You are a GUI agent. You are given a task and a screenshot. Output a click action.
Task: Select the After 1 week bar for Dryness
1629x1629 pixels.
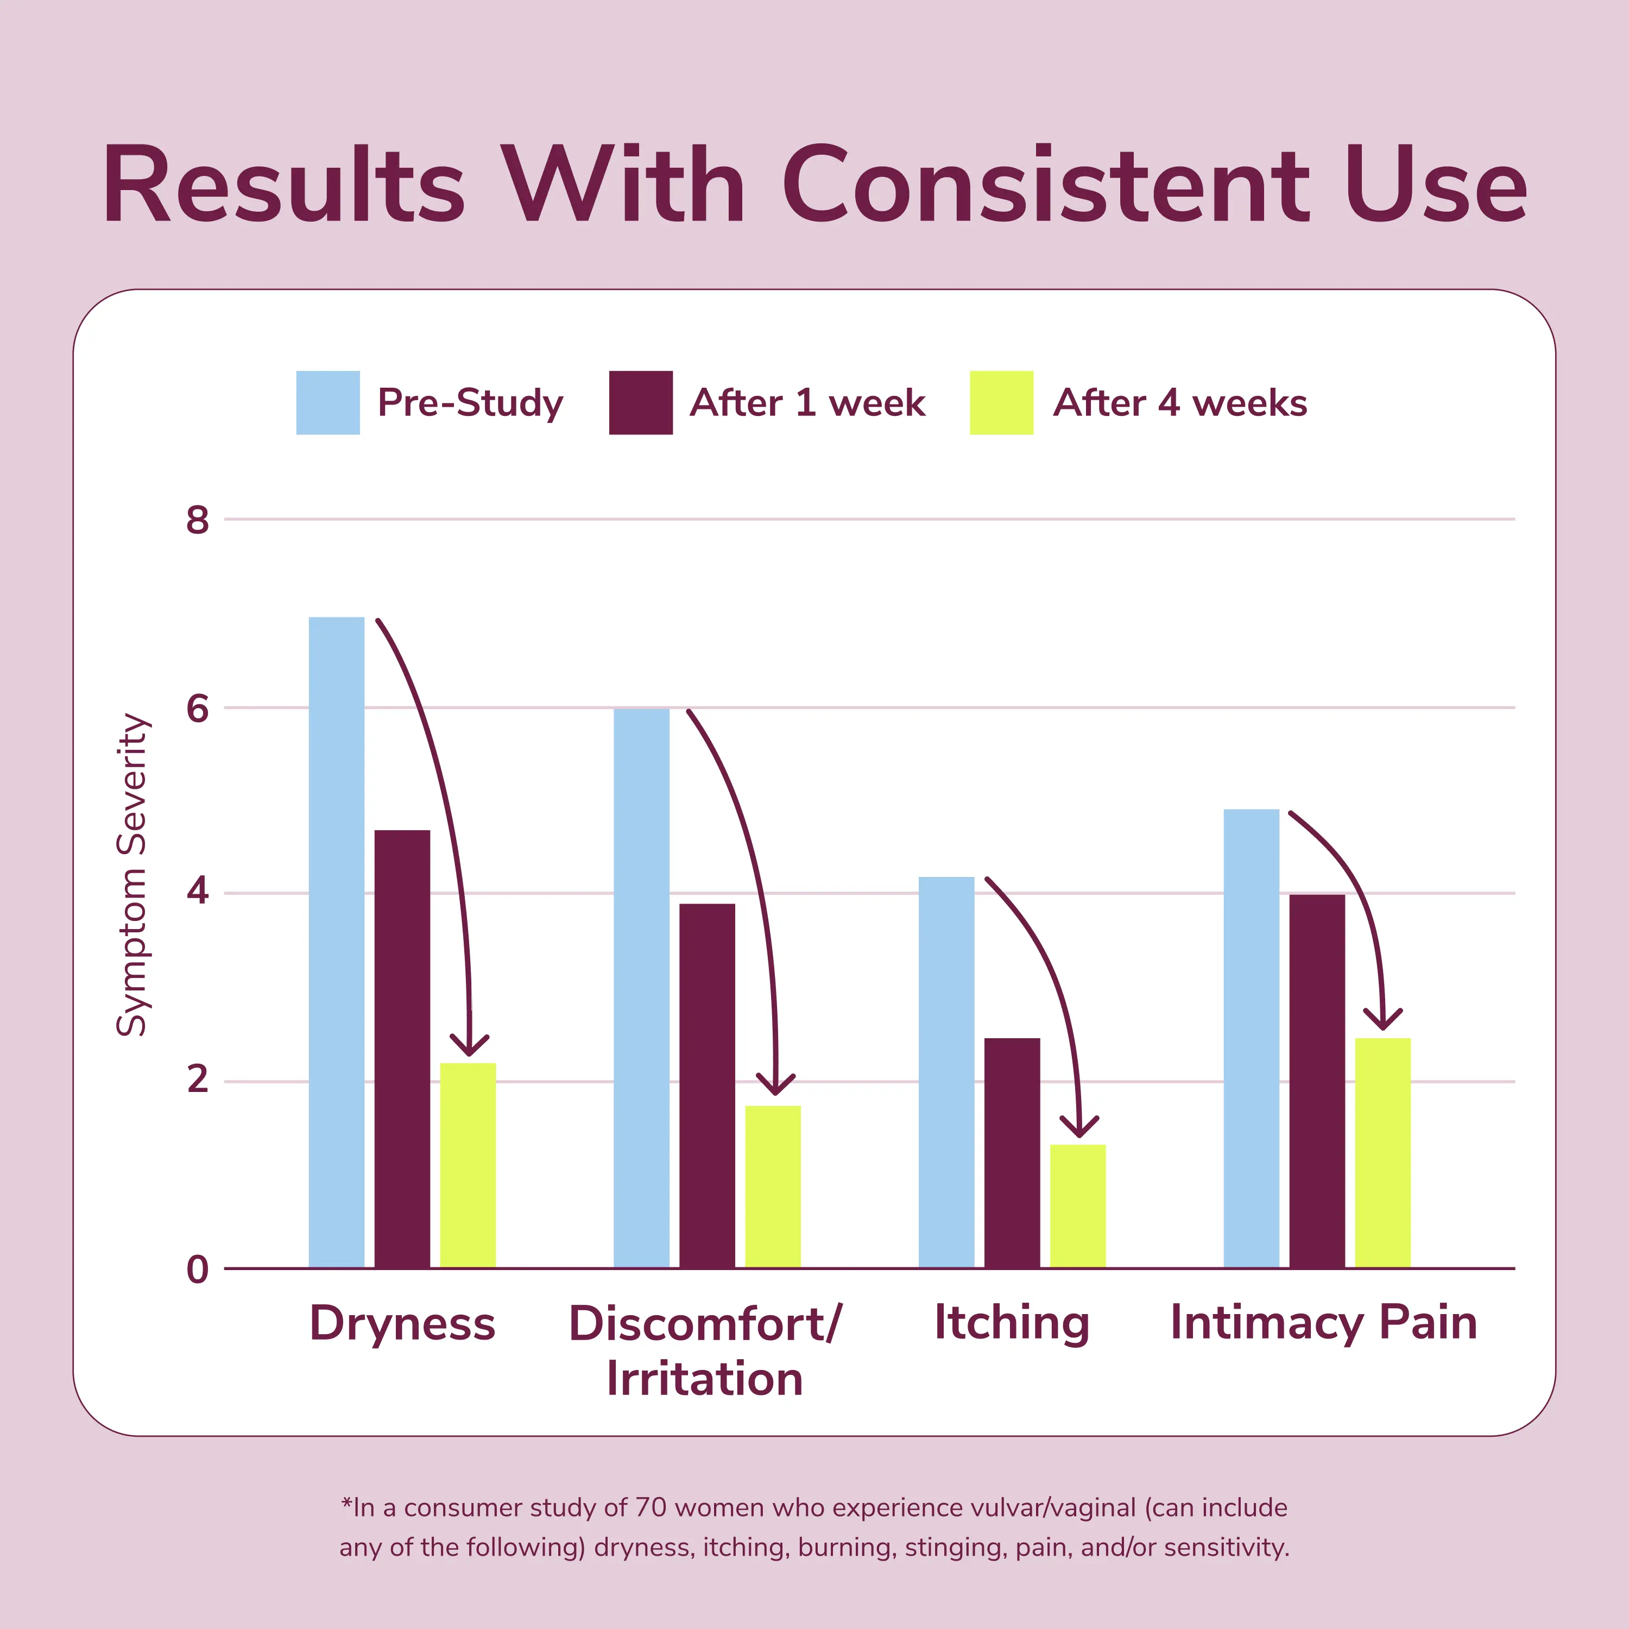[x=402, y=1049]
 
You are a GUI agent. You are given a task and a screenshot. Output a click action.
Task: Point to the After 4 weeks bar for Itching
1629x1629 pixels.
[x=1077, y=1205]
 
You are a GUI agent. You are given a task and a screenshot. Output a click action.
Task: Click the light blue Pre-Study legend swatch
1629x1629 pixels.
[x=328, y=402]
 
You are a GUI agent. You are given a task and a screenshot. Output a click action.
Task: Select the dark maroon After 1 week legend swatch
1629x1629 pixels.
[x=641, y=402]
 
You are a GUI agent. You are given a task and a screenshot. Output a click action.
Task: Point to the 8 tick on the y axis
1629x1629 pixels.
[x=197, y=520]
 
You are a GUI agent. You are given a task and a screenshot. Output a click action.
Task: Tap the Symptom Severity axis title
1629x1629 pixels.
[x=132, y=874]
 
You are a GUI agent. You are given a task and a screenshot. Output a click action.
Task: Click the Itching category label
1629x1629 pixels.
[x=1012, y=1322]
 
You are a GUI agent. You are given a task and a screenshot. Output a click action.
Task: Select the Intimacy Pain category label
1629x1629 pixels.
[x=1324, y=1322]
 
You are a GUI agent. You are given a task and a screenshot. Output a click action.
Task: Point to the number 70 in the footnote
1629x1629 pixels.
[x=651, y=1507]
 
